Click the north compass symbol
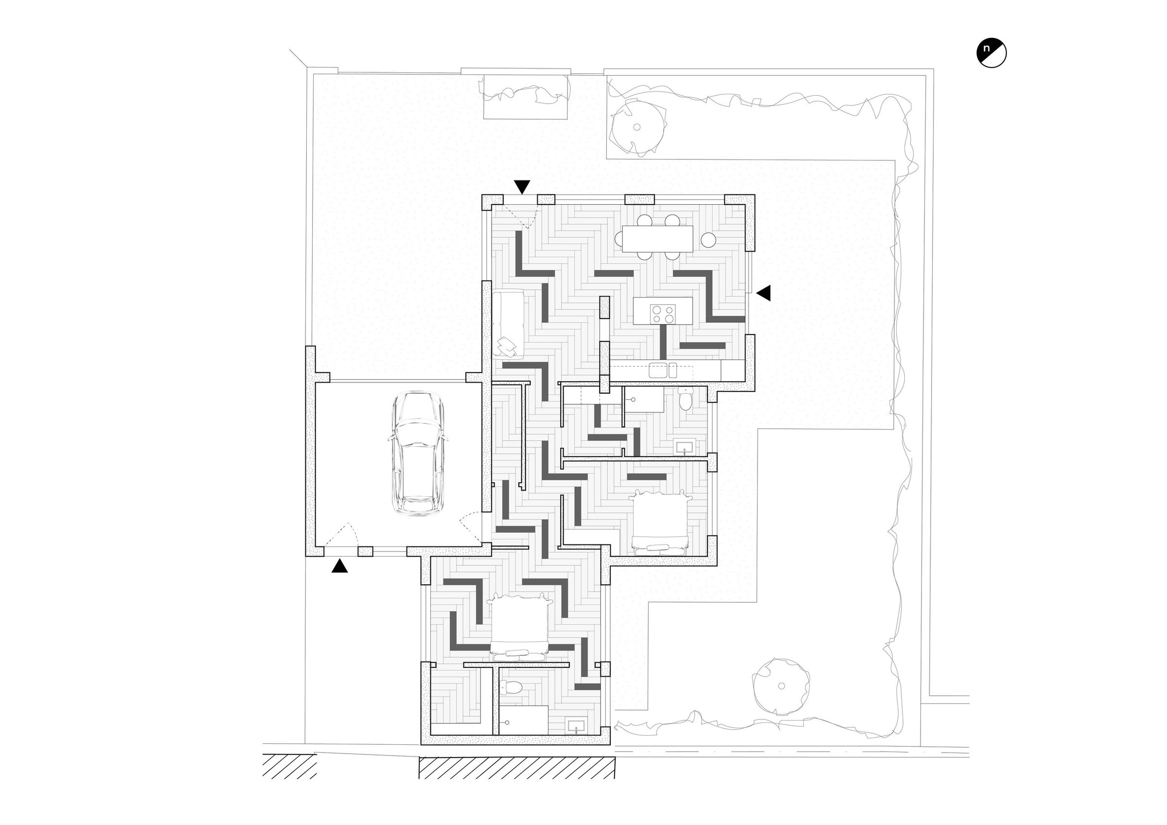(991, 53)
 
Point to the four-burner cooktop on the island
(663, 313)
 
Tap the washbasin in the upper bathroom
(684, 447)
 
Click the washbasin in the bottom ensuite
(576, 726)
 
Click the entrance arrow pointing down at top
(522, 187)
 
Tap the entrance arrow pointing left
(763, 293)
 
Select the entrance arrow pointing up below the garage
(339, 566)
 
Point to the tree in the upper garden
(637, 127)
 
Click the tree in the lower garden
(781, 686)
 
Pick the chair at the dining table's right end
(708, 239)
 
